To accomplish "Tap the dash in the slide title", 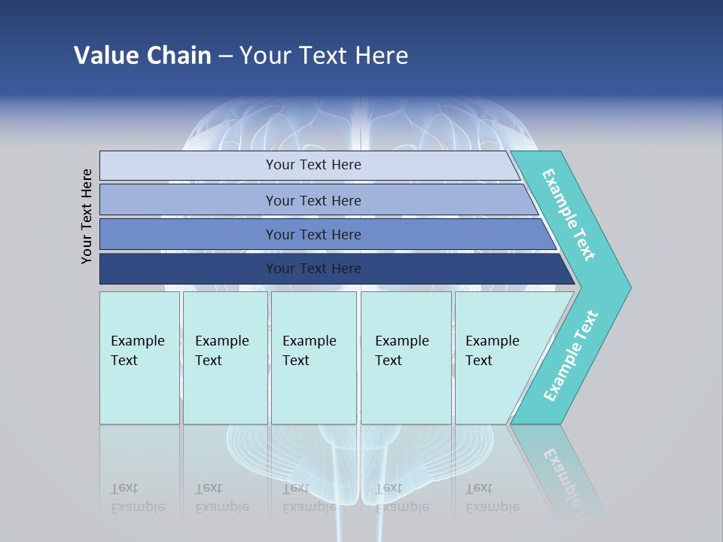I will point(225,56).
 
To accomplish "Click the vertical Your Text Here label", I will point(87,216).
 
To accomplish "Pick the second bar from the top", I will point(313,200).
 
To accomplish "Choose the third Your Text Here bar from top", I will point(313,234).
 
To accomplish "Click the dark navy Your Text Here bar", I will point(313,269).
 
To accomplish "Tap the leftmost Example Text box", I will point(139,358).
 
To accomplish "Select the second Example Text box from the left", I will point(224,358).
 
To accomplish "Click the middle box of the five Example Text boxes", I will point(313,358).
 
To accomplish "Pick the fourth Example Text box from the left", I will point(406,358).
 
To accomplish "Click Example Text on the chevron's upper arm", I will point(569,215).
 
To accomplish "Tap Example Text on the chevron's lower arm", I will point(571,356).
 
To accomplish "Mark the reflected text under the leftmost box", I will point(137,498).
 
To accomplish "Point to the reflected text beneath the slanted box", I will point(492,498).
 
